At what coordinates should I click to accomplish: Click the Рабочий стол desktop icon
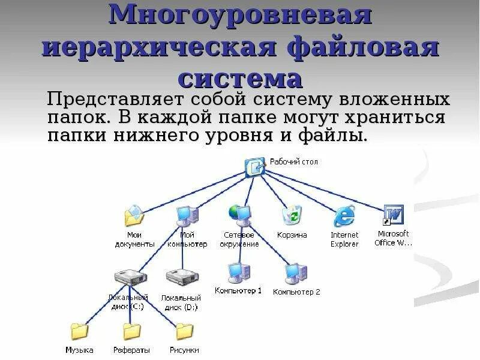click(x=254, y=166)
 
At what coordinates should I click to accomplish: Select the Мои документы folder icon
click(x=134, y=215)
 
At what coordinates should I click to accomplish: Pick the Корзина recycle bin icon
click(x=292, y=215)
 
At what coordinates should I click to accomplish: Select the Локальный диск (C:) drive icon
click(x=130, y=278)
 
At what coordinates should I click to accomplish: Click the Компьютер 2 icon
click(x=296, y=273)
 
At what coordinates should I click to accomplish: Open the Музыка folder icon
click(x=79, y=331)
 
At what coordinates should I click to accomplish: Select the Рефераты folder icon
click(x=131, y=331)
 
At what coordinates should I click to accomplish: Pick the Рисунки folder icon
click(x=184, y=331)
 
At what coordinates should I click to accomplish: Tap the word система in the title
click(x=240, y=79)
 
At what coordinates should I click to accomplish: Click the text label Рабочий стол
click(x=294, y=162)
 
